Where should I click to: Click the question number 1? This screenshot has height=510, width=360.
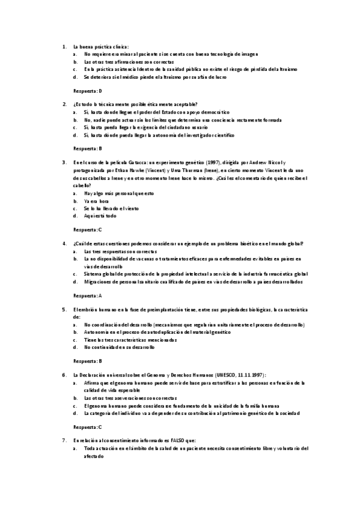coord(64,46)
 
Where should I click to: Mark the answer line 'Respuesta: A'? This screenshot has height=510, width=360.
coord(88,296)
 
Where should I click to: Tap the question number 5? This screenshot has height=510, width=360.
coord(64,310)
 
